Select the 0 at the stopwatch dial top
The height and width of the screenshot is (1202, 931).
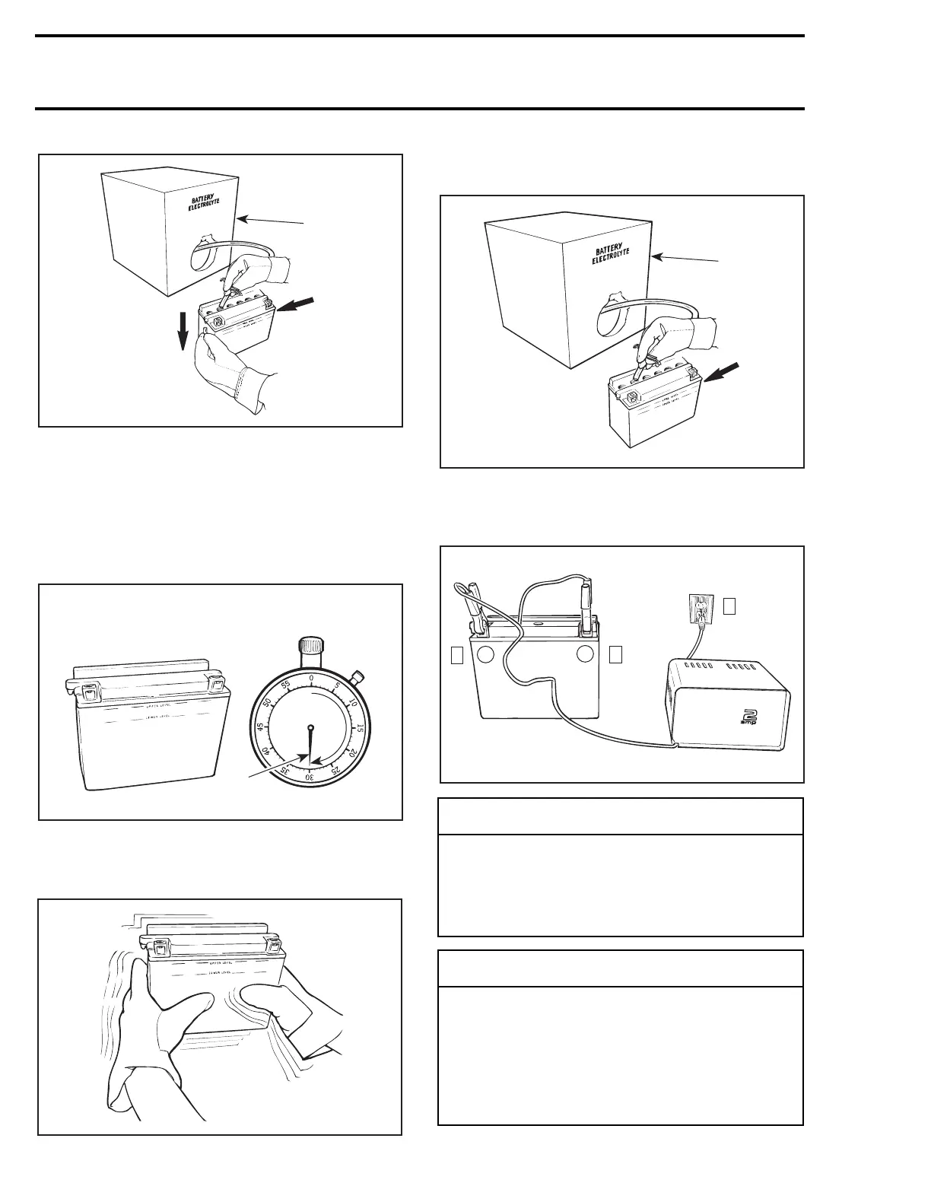(x=310, y=677)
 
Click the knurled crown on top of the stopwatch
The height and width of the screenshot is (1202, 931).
(x=310, y=647)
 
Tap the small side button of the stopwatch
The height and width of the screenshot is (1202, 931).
(x=360, y=676)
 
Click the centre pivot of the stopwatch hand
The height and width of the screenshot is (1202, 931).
(x=310, y=728)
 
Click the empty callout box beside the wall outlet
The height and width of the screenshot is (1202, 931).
(x=729, y=606)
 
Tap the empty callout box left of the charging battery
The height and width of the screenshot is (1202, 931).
(x=456, y=654)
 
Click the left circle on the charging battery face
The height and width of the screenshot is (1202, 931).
(x=487, y=654)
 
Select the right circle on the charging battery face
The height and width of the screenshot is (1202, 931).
(x=586, y=654)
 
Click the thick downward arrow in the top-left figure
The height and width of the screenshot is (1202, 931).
(x=183, y=332)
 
